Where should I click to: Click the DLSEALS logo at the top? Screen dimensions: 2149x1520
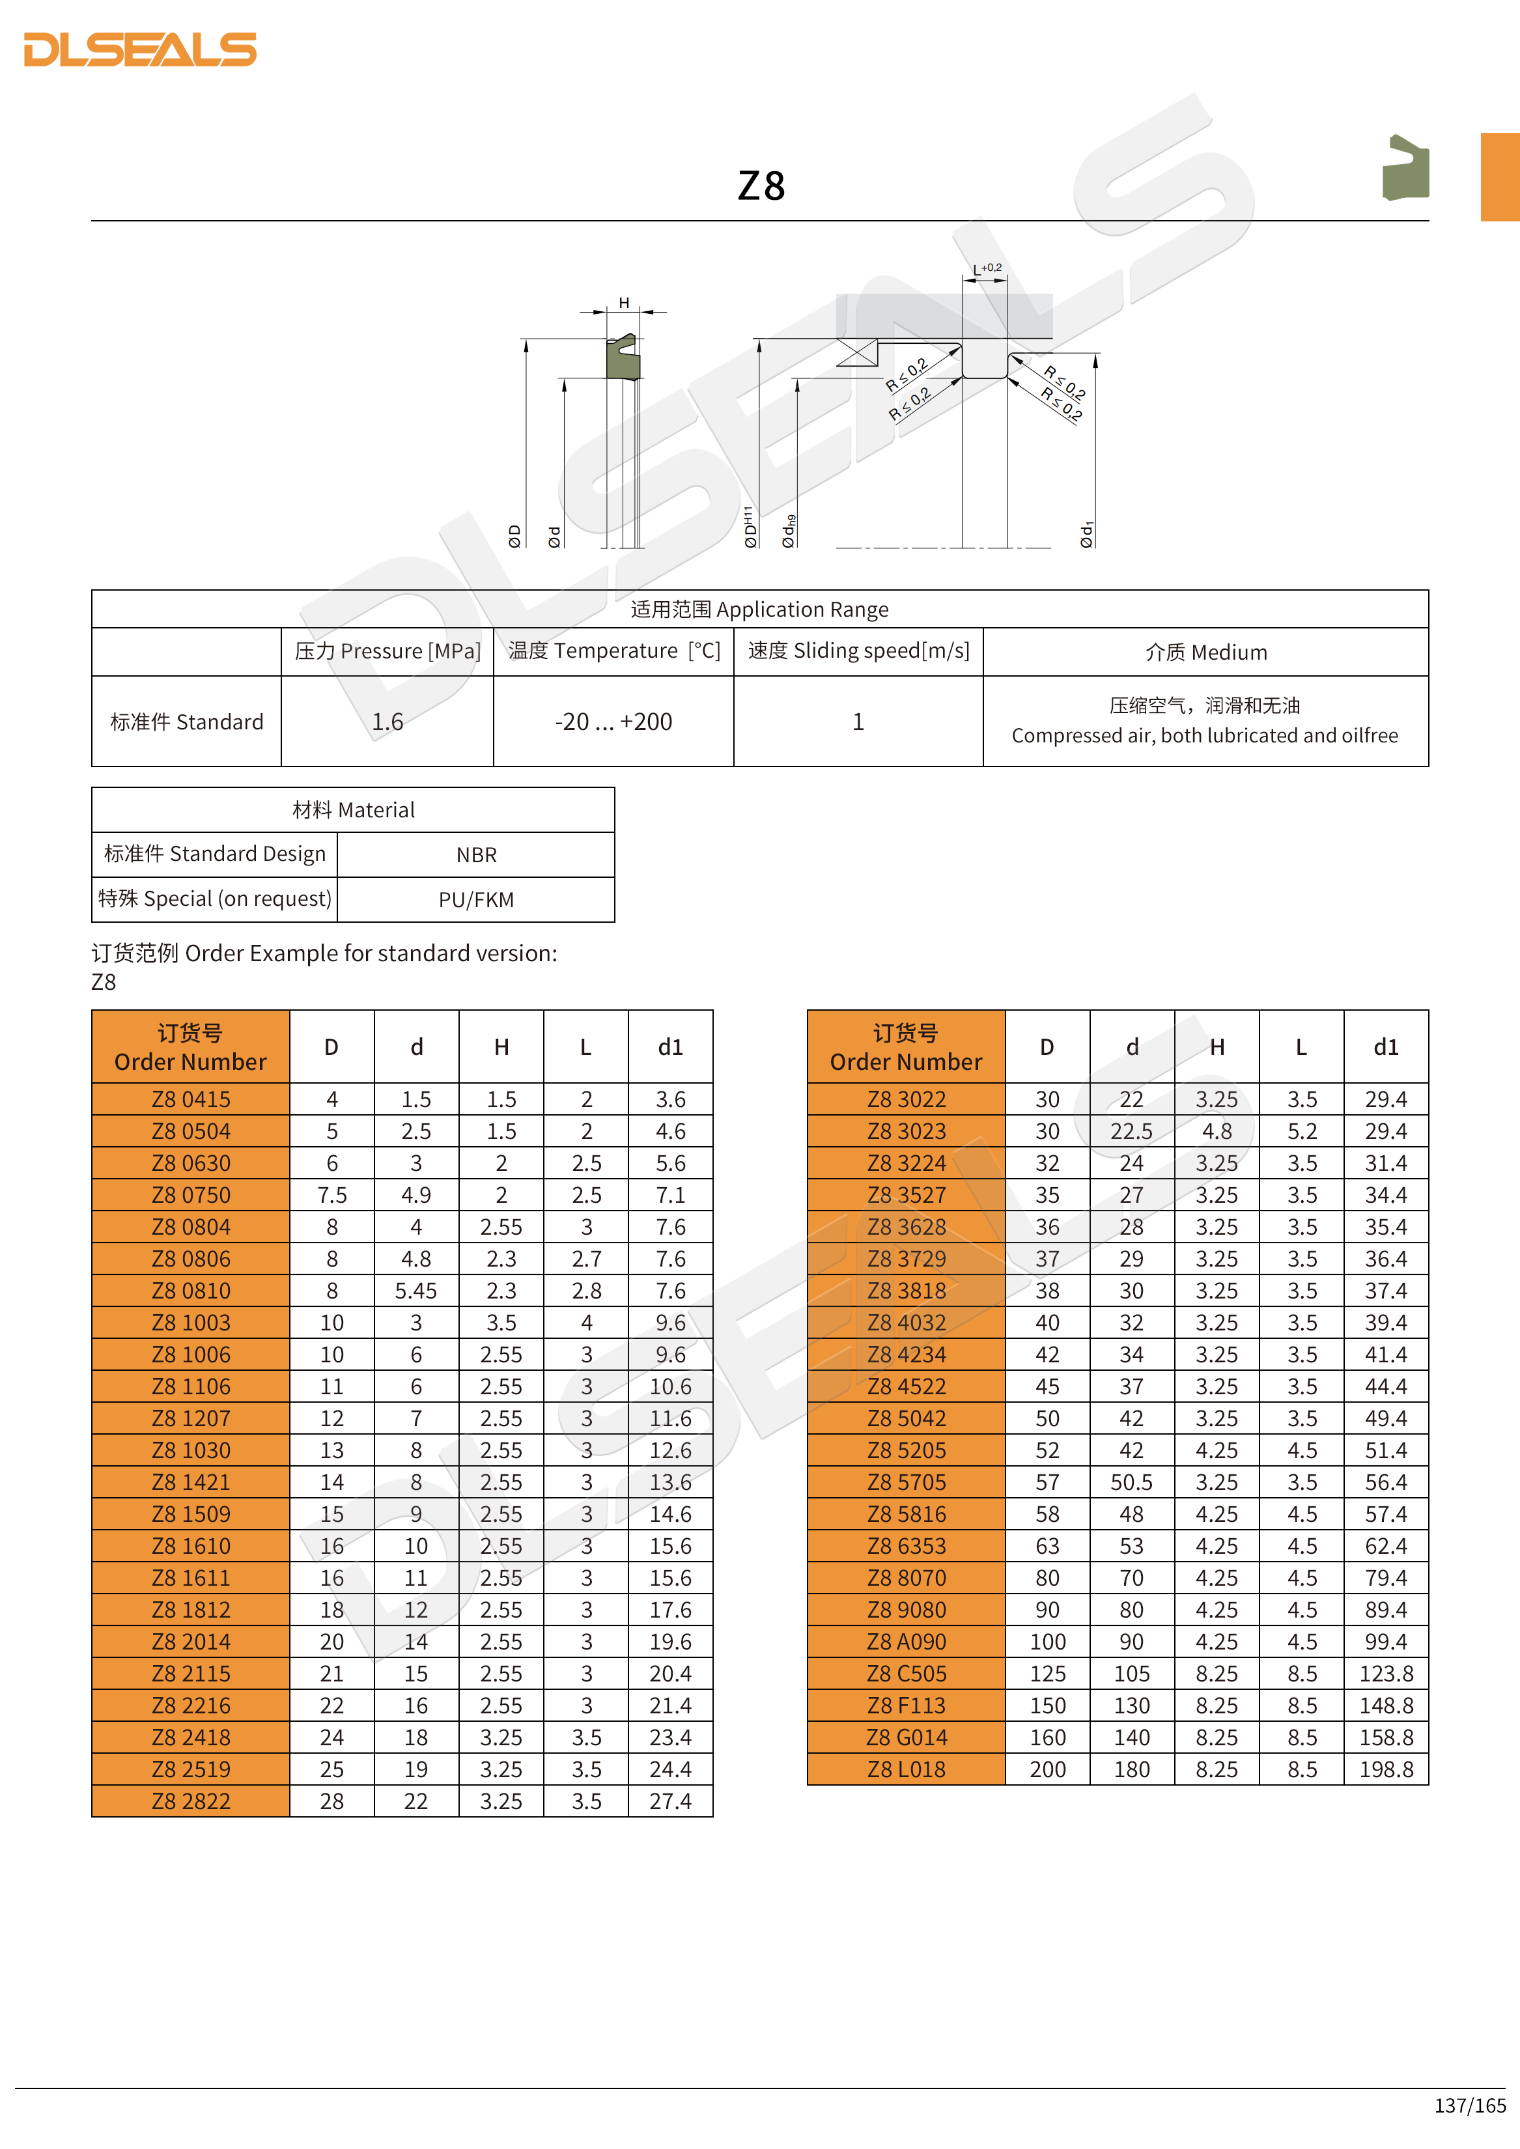[141, 49]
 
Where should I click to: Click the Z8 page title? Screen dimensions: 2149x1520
[761, 186]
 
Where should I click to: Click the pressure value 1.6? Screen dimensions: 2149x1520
[387, 722]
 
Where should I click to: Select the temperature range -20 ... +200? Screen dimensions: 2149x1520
[613, 722]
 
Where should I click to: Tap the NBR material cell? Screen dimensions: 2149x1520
[477, 854]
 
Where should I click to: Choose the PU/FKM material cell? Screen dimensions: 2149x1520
[477, 899]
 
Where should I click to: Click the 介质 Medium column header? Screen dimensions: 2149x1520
[1205, 653]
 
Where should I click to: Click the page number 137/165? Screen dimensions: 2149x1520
[1469, 2105]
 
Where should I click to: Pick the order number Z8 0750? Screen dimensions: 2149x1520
[191, 1195]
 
